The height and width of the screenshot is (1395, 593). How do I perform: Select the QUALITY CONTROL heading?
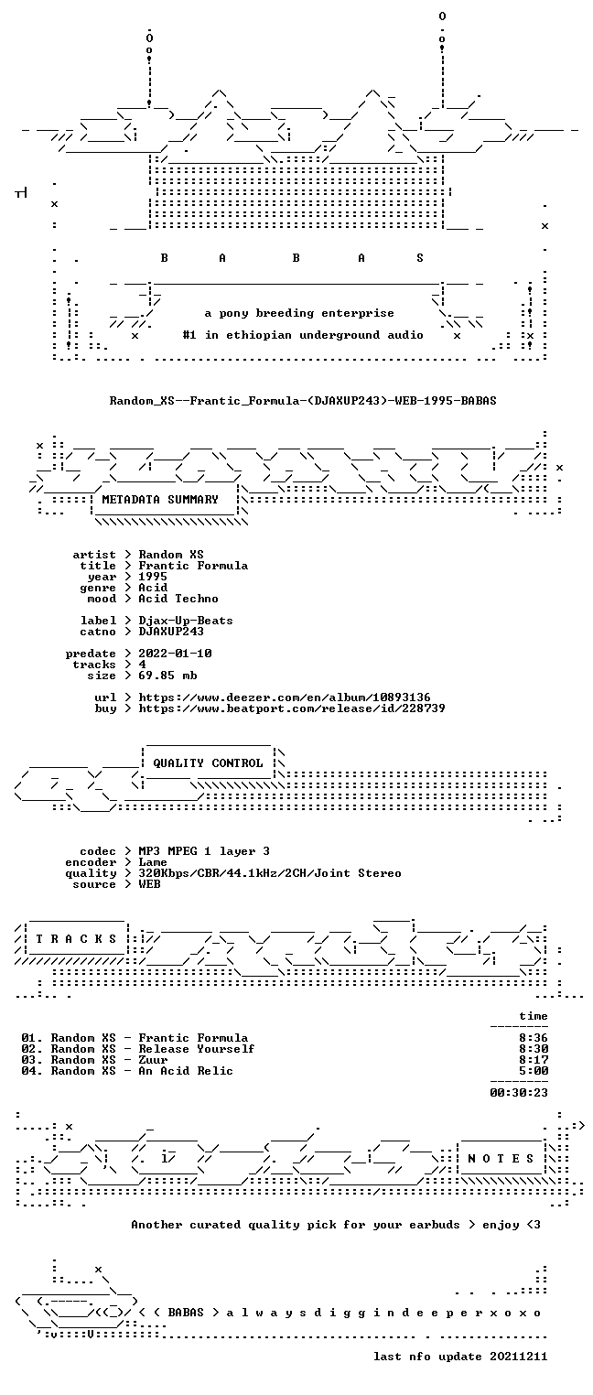point(208,762)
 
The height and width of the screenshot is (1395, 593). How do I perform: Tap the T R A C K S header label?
point(77,938)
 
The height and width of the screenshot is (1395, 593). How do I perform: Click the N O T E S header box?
point(501,1158)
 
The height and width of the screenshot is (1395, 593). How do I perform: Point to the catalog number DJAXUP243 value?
point(171,632)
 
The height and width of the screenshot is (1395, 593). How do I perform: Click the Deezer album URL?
point(285,697)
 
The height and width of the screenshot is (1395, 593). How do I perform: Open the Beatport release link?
point(292,708)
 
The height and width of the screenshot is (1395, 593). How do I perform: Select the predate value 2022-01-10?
point(175,654)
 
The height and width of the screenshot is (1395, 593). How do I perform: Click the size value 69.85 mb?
point(167,676)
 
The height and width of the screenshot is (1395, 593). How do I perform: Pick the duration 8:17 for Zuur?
point(534,1059)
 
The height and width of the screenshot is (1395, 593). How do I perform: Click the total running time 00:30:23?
point(519,1092)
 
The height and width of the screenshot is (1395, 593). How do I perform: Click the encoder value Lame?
point(153,862)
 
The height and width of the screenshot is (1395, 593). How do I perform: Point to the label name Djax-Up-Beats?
point(186,621)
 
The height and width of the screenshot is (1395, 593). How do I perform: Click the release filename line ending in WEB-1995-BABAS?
point(303,400)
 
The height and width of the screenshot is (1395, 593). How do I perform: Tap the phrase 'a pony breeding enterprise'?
point(299,313)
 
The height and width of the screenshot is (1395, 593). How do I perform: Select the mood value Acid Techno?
point(178,599)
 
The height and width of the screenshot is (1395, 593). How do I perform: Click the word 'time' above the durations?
point(534,1016)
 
